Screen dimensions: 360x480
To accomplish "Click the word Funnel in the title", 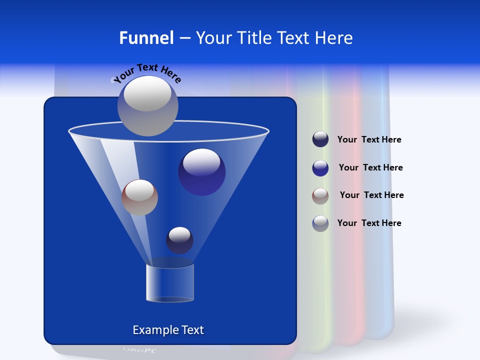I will [146, 38].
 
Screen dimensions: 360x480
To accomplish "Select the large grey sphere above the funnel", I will [148, 106].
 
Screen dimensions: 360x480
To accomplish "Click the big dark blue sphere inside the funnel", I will [201, 172].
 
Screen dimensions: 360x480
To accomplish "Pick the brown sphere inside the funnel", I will [139, 197].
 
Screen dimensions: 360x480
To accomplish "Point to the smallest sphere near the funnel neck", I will [179, 240].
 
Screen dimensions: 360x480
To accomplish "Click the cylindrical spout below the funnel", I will [170, 283].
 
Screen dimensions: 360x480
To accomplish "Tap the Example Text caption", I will [168, 330].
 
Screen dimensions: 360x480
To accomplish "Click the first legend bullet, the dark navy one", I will [320, 139].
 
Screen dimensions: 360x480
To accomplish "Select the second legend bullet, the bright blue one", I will [320, 168].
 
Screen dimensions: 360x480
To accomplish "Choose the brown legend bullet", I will [320, 196].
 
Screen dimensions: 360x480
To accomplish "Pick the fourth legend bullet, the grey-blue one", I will [320, 223].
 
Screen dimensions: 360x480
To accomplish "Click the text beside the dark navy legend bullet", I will [369, 140].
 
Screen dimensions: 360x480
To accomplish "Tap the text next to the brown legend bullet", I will [371, 195].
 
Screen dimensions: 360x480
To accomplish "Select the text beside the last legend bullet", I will [369, 223].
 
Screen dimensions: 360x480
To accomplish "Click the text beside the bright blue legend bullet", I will [370, 168].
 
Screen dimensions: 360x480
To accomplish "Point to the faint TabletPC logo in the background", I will [139, 350].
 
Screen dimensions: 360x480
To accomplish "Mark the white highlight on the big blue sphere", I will [201, 162].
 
